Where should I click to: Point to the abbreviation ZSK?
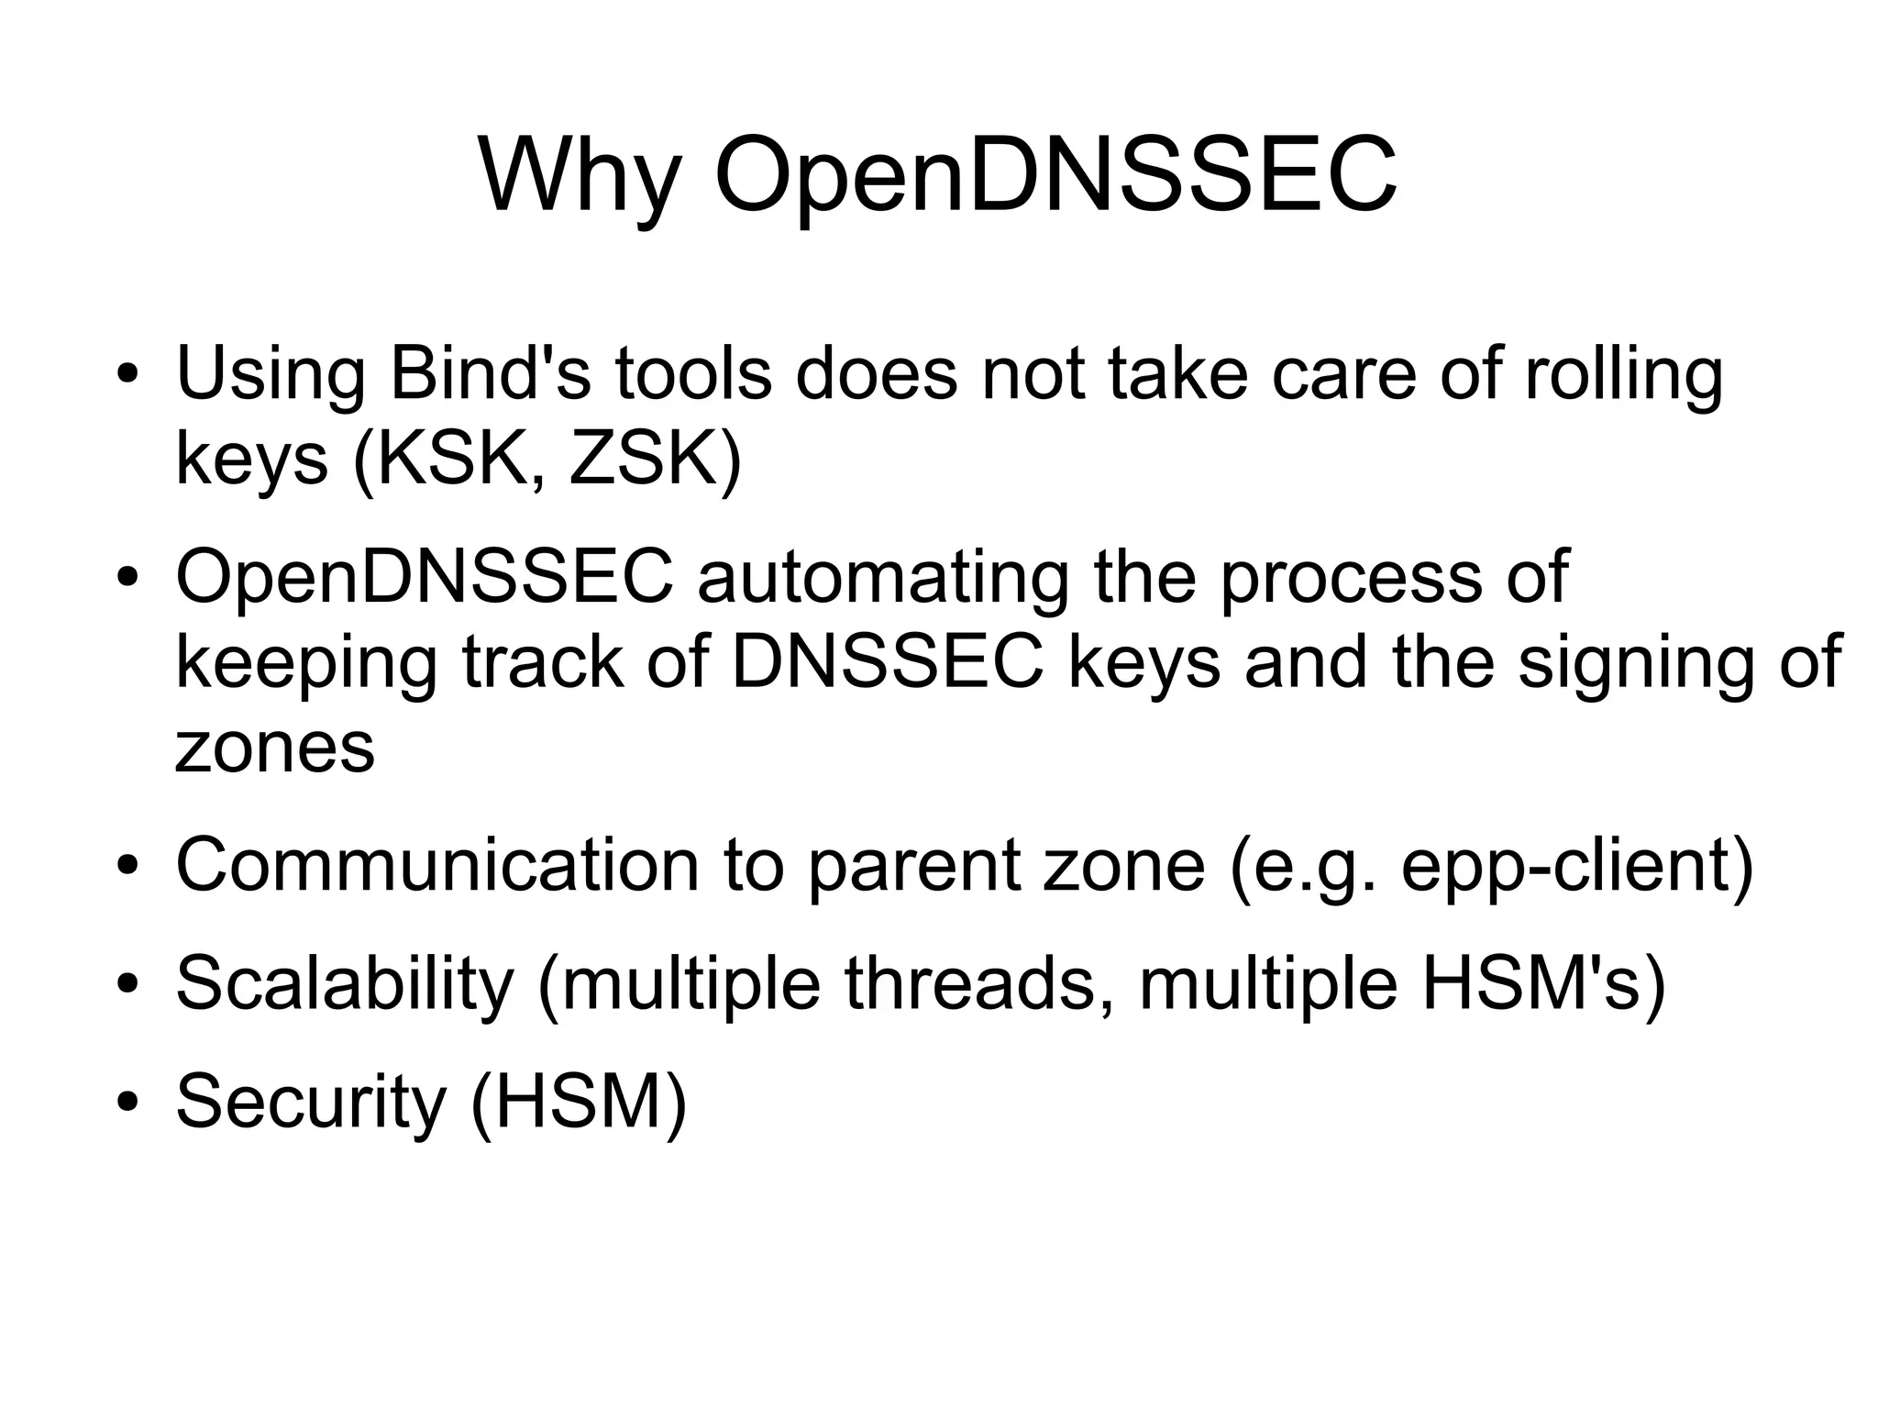[642, 459]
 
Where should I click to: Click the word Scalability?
[344, 982]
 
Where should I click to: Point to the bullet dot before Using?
[127, 375]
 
